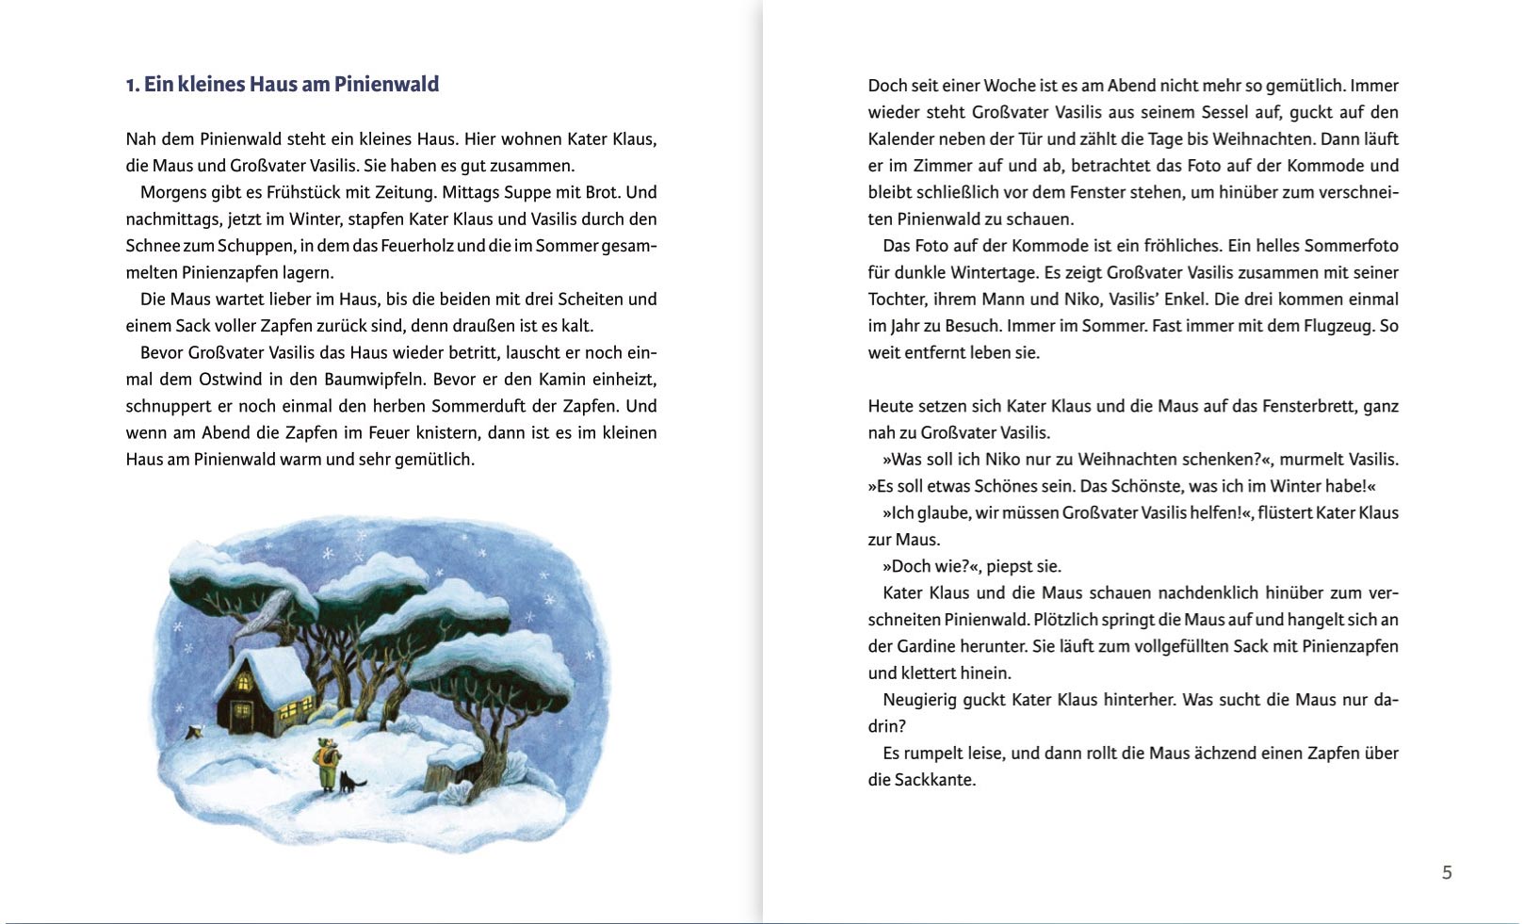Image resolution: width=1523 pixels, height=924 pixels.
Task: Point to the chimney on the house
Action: [232, 651]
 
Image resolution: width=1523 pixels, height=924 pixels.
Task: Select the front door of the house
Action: [229, 717]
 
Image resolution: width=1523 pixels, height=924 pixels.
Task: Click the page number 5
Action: [1447, 873]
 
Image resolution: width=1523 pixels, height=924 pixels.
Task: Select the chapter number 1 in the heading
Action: [131, 85]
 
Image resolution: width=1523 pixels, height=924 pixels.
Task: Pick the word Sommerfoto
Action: [1352, 246]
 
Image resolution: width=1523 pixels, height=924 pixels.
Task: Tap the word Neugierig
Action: [923, 700]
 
